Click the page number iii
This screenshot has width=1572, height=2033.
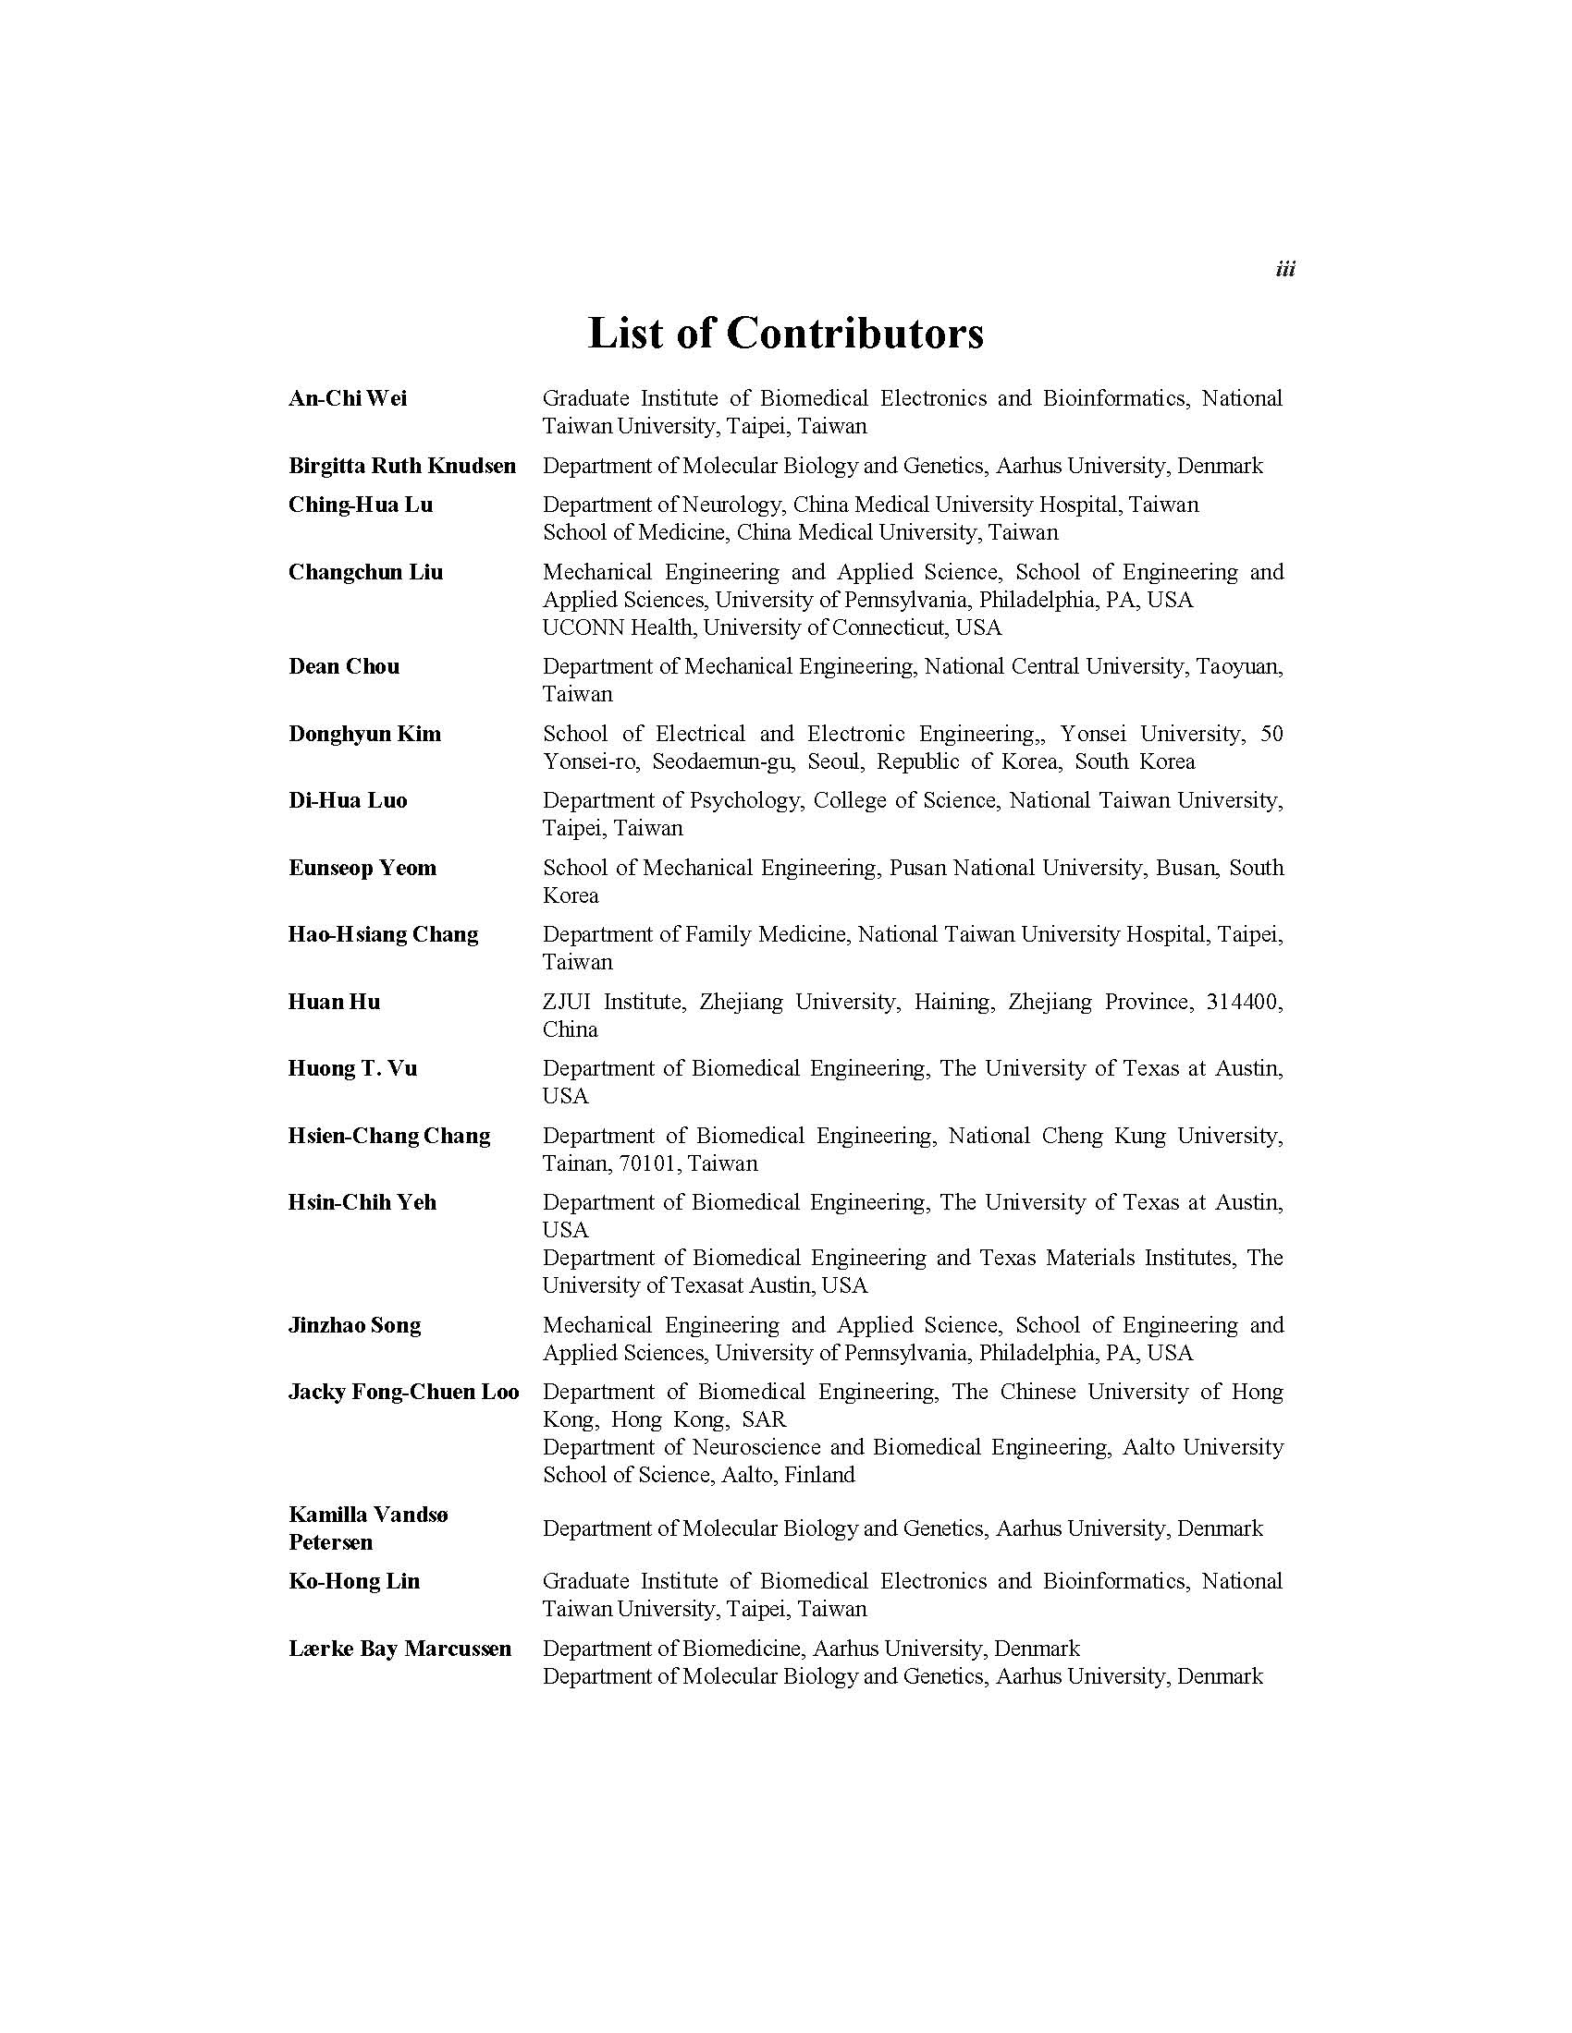click(x=1284, y=269)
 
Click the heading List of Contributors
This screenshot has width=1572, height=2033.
click(x=785, y=334)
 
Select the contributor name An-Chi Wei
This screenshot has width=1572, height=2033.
click(x=348, y=398)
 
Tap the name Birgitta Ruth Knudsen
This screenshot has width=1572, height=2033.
click(x=401, y=466)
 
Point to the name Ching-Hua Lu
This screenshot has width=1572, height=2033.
click(x=361, y=505)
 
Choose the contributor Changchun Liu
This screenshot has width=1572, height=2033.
click(x=365, y=571)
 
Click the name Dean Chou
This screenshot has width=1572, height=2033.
click(x=344, y=666)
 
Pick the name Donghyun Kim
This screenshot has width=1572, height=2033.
click(x=364, y=734)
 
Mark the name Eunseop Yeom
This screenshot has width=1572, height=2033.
click(x=362, y=868)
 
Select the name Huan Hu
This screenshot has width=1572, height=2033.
click(x=335, y=1002)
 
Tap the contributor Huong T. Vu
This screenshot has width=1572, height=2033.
click(x=352, y=1067)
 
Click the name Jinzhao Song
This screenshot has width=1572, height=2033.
click(x=354, y=1324)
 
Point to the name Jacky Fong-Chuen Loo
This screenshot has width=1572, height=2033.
click(x=403, y=1392)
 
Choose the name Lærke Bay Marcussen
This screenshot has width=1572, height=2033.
click(x=399, y=1649)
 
